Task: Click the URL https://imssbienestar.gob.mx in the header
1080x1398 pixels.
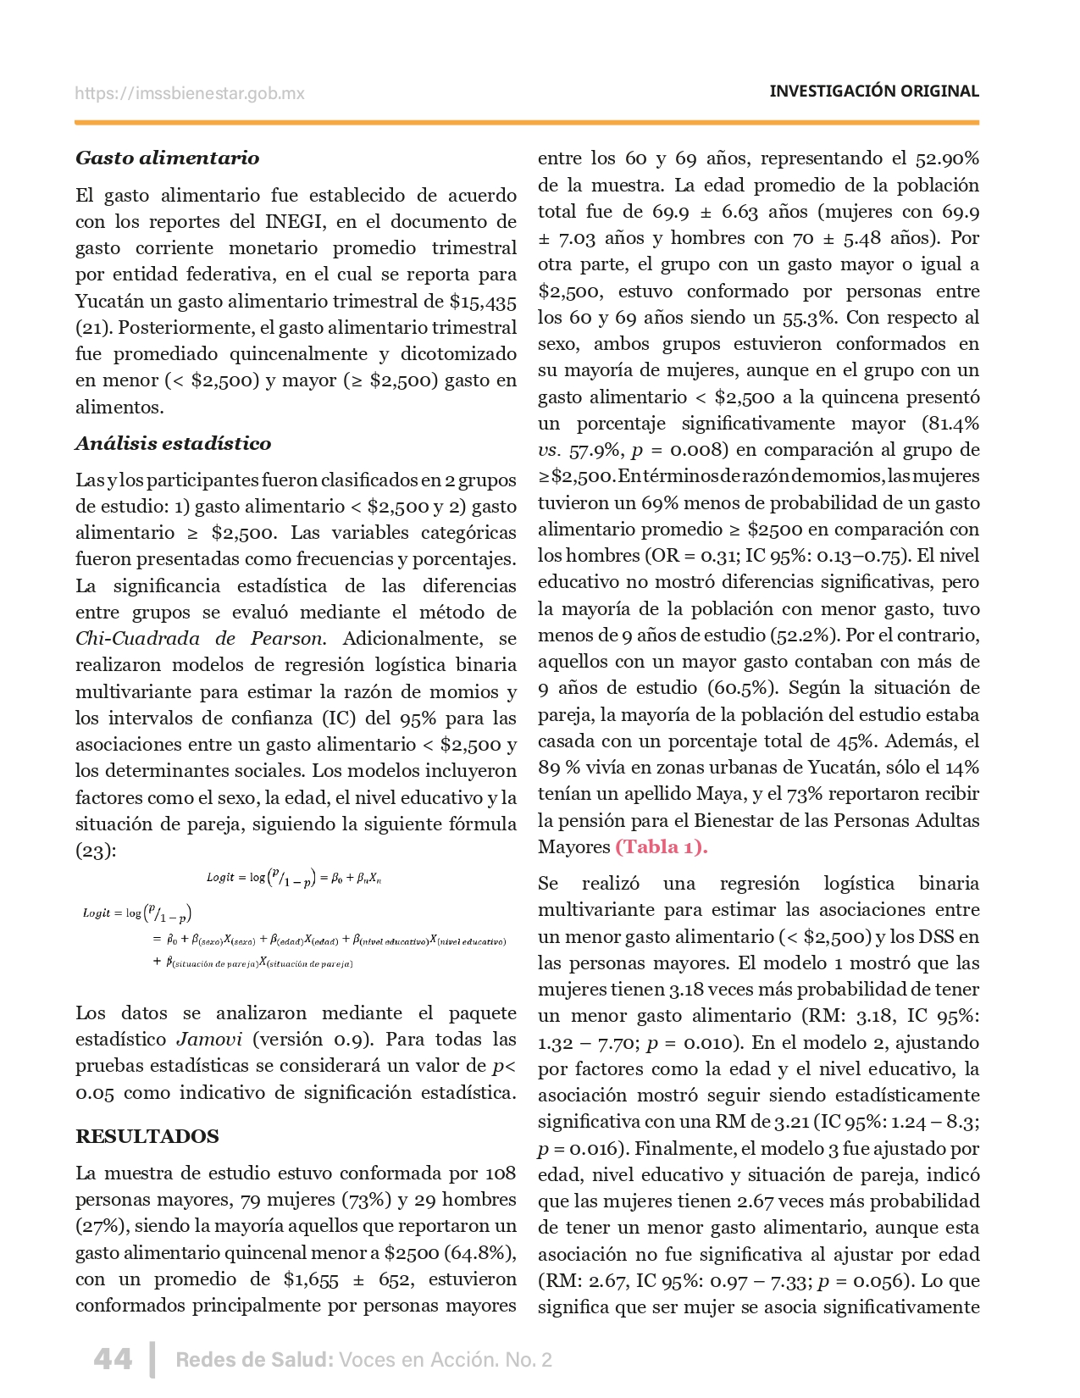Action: click(189, 94)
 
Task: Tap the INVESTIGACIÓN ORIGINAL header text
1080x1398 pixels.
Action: click(873, 92)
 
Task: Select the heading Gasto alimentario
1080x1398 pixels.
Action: click(167, 158)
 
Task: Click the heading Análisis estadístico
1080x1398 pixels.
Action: click(173, 444)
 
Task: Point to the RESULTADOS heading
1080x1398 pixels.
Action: click(147, 1137)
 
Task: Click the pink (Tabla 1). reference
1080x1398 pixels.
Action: click(661, 847)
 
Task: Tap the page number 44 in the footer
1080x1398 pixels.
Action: click(113, 1359)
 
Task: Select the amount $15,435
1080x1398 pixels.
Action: click(483, 302)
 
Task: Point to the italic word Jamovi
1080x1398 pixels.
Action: click(209, 1040)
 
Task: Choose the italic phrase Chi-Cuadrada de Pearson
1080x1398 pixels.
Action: click(199, 639)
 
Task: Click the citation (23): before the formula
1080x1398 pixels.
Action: click(95, 851)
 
